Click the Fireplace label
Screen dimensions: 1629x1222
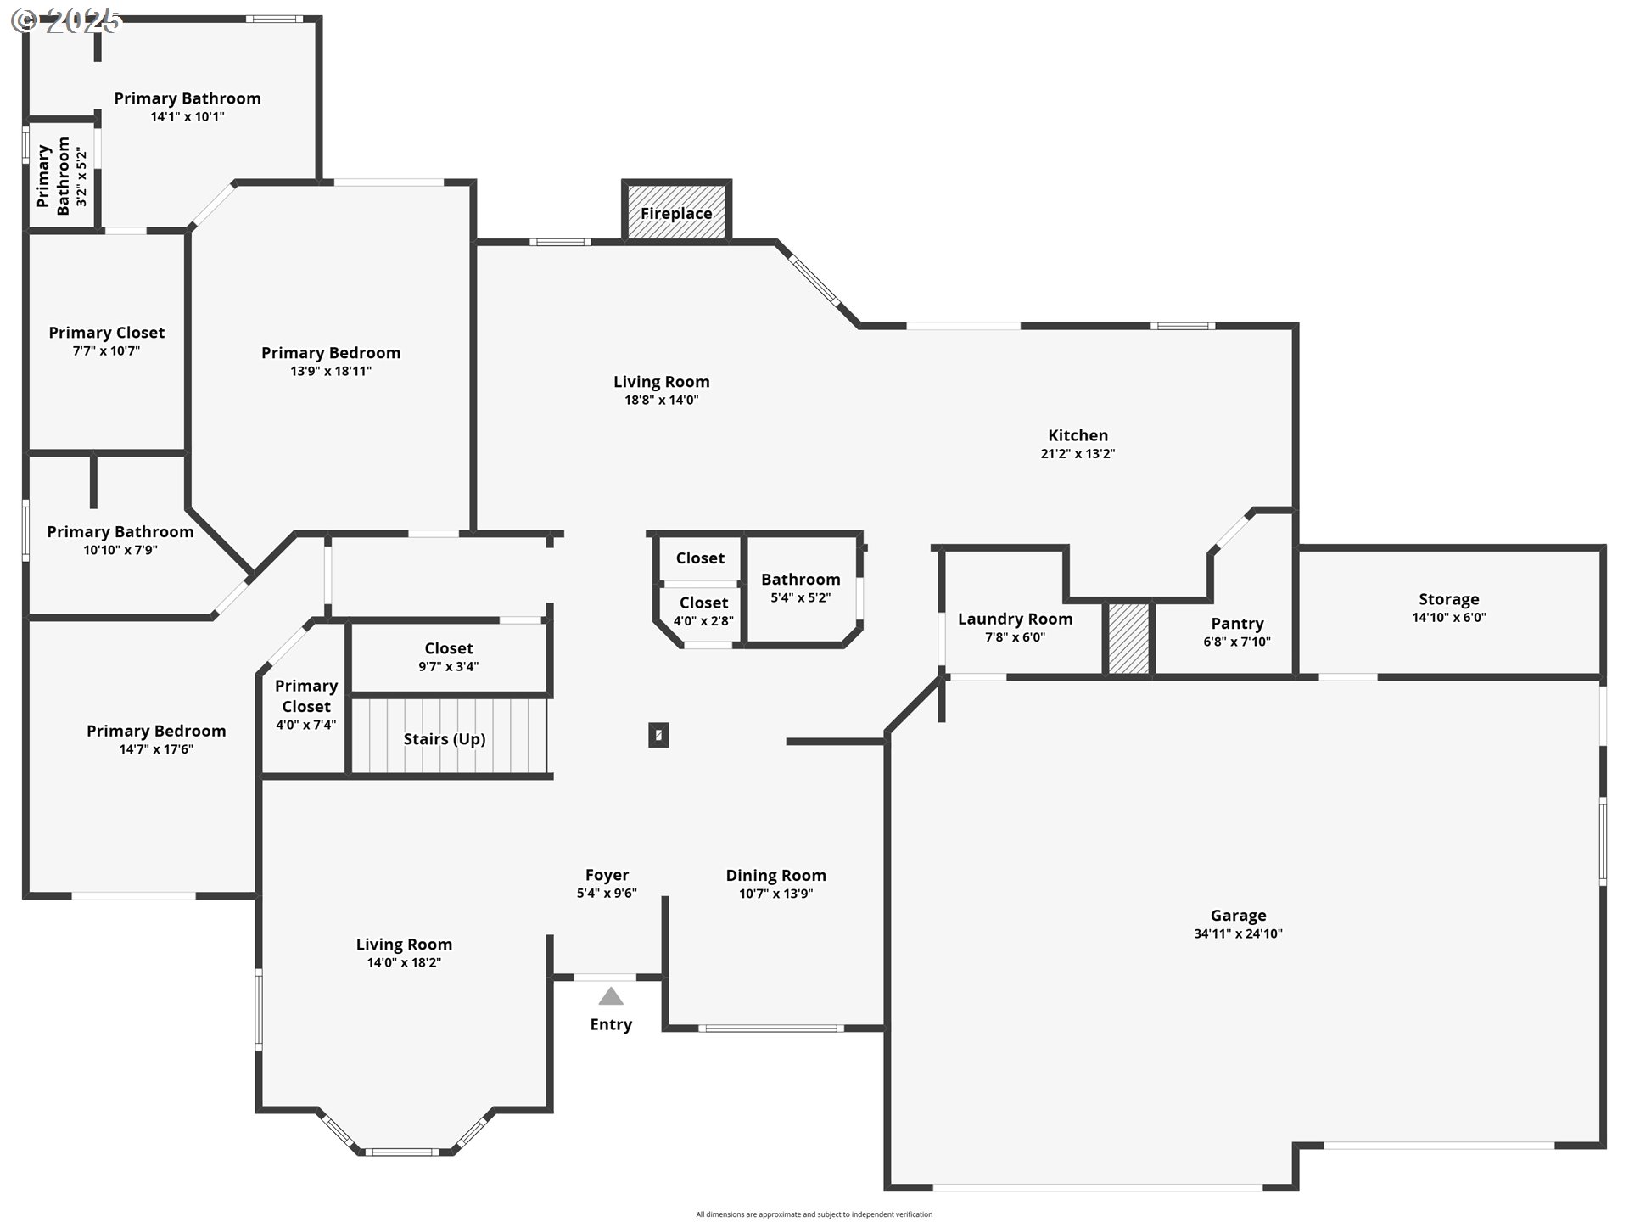pos(676,213)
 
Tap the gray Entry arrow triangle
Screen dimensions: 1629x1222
pos(611,996)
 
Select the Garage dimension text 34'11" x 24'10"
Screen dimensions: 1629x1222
pos(1238,933)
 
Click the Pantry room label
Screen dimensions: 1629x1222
pos(1237,624)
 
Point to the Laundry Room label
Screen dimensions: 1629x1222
pos(1015,619)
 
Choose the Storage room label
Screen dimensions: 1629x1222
pos(1448,599)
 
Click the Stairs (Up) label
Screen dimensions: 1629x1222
pos(445,739)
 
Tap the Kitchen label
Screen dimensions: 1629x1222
pos(1078,435)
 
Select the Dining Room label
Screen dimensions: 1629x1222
pos(775,875)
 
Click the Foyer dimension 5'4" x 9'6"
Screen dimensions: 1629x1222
pos(607,893)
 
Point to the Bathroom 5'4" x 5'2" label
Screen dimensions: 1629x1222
pos(800,587)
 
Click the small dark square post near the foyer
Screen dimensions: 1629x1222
pos(658,735)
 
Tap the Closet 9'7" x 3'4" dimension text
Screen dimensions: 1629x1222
pos(448,666)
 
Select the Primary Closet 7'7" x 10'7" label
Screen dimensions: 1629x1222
pos(106,340)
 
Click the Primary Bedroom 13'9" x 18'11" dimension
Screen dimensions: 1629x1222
pos(331,371)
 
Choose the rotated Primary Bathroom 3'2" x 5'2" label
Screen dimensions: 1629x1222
pos(62,177)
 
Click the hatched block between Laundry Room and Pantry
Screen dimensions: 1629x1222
pos(1128,638)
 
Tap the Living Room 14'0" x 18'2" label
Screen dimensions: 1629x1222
pos(404,952)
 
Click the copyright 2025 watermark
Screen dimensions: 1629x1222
pos(68,21)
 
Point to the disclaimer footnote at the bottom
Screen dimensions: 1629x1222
pos(814,1214)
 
